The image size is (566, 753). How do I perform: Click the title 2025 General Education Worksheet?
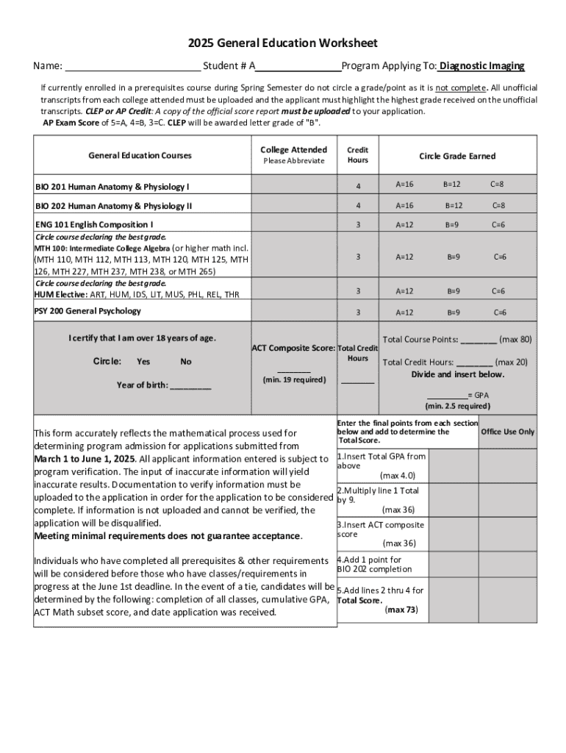pyautogui.click(x=282, y=43)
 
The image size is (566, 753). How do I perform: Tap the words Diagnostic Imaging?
pyautogui.click(x=482, y=66)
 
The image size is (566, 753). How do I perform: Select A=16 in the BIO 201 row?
pyautogui.click(x=404, y=184)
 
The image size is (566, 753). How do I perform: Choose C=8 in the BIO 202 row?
pyautogui.click(x=498, y=206)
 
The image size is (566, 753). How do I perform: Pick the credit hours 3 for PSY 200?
pyautogui.click(x=358, y=313)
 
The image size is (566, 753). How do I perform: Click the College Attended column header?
pyautogui.click(x=294, y=150)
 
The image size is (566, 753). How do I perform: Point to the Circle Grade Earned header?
pyautogui.click(x=457, y=156)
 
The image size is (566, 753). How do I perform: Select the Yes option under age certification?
pyautogui.click(x=143, y=362)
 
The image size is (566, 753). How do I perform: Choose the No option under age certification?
pyautogui.click(x=186, y=362)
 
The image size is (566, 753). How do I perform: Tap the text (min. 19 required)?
pyautogui.click(x=294, y=380)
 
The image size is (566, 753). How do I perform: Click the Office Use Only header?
pyautogui.click(x=507, y=432)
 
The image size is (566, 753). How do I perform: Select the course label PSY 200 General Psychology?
pyautogui.click(x=87, y=311)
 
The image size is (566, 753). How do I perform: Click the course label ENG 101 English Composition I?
pyautogui.click(x=95, y=224)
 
